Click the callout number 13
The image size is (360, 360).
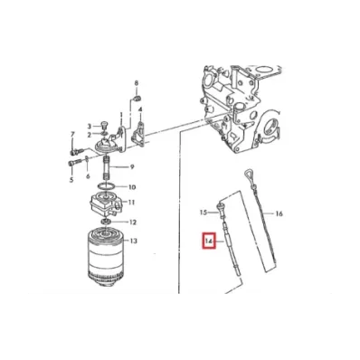coord(134,241)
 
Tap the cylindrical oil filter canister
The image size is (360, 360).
coord(106,257)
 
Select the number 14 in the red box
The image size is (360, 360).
coord(209,242)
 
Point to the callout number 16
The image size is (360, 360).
coord(279,213)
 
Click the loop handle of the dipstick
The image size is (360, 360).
coord(247,175)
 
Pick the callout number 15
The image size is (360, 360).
coord(204,213)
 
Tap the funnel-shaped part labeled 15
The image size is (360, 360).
coord(221,210)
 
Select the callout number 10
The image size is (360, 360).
coord(132,187)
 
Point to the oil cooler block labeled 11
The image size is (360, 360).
coord(104,204)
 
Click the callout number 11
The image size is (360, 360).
coord(131,202)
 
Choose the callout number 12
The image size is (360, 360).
coord(133,223)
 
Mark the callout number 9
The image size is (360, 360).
coord(132,166)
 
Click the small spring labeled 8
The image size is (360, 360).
coord(137,99)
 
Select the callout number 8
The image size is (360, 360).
coord(136,83)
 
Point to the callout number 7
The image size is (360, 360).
coord(72,134)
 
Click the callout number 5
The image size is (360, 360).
coord(71,180)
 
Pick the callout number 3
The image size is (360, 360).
coord(90,126)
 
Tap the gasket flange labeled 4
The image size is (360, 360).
coord(138,134)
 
